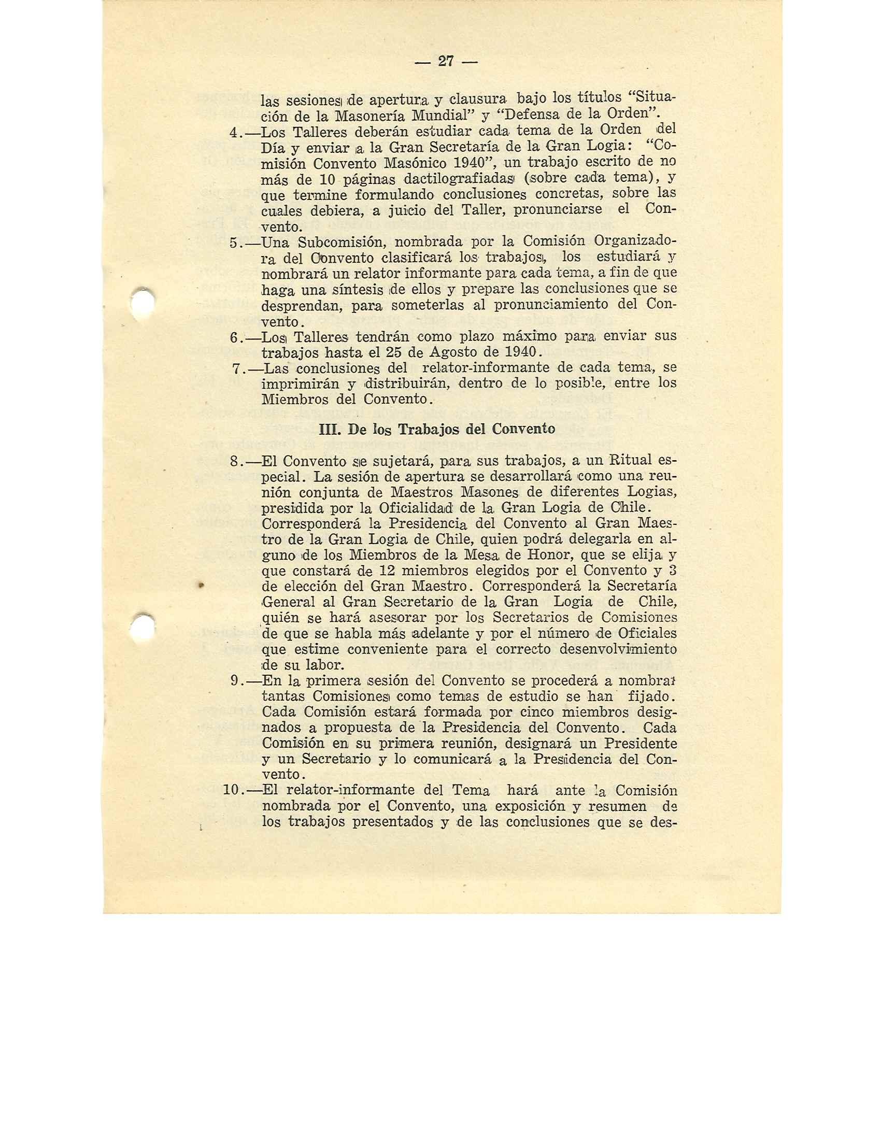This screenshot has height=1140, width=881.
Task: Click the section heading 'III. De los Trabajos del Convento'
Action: click(436, 429)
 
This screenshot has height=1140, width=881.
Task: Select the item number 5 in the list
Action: click(234, 243)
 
